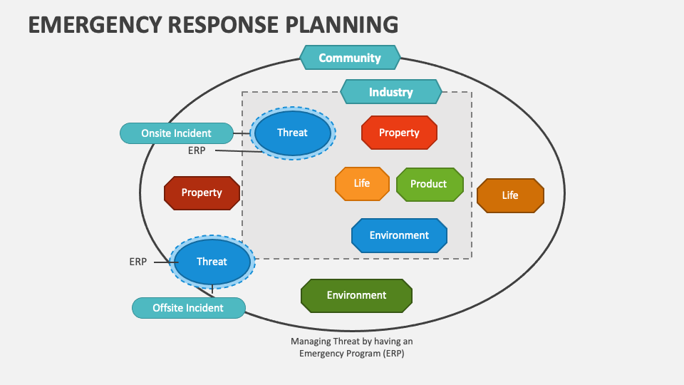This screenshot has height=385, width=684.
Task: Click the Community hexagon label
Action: [350, 58]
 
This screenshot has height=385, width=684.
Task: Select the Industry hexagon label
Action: [390, 92]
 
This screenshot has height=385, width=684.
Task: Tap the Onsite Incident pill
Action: [176, 133]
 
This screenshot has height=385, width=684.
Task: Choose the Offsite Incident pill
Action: [188, 308]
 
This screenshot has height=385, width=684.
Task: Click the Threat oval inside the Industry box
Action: [292, 133]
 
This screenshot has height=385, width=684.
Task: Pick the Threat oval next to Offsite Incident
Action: [212, 262]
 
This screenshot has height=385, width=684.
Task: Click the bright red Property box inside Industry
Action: [399, 133]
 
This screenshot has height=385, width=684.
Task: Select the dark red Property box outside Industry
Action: [202, 192]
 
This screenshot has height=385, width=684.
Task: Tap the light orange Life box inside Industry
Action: [362, 183]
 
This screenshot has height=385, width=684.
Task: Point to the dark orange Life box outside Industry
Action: [510, 195]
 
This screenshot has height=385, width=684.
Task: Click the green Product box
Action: [429, 184]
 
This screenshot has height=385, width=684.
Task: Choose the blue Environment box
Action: [399, 235]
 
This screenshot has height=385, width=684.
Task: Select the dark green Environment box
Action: [356, 295]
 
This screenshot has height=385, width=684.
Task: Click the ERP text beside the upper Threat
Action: [197, 150]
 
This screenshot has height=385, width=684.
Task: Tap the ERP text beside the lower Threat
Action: [138, 262]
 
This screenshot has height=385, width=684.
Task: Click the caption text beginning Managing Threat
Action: [351, 347]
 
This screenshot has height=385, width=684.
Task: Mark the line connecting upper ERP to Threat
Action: [239, 151]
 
